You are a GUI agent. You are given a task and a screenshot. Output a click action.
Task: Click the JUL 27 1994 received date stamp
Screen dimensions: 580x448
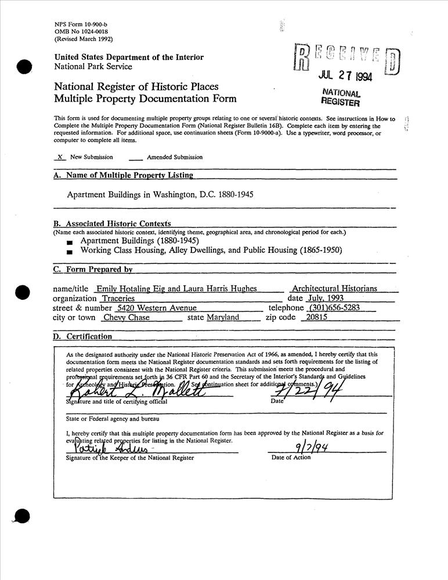pos(345,76)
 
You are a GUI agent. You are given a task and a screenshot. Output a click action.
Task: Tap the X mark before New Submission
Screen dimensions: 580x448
pos(60,157)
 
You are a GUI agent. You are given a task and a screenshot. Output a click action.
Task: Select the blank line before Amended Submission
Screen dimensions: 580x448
pos(135,158)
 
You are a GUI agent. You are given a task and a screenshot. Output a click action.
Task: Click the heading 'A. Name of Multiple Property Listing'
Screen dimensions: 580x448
pos(123,175)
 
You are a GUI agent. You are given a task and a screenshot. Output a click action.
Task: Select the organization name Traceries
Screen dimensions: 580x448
pos(114,298)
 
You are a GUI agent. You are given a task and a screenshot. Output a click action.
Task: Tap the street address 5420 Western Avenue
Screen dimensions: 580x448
pos(157,308)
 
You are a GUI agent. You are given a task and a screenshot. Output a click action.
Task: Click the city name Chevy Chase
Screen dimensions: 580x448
pos(127,318)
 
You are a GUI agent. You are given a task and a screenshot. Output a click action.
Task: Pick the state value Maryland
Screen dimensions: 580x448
pos(223,318)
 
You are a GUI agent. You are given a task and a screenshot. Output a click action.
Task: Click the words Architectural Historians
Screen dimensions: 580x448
pos(334,288)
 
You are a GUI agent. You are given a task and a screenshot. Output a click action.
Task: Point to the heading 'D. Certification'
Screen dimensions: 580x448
pos(83,336)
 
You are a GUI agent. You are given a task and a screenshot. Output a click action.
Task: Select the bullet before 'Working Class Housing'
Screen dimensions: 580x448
pos(70,252)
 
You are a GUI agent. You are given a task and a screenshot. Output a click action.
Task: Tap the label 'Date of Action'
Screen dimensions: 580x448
pos(291,458)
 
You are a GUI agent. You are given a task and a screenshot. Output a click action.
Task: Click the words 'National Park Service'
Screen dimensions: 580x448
pos(93,66)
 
